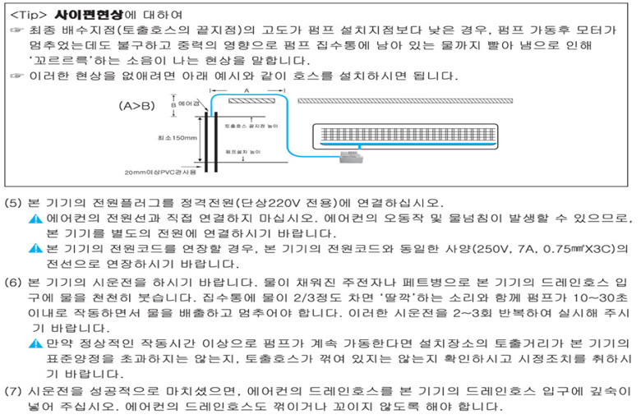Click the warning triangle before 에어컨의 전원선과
point(35,219)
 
